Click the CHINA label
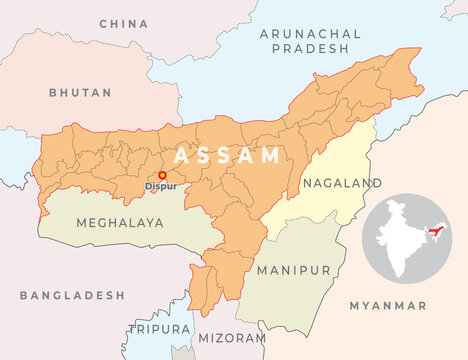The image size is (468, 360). click(123, 21)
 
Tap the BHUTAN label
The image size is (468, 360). click(80, 92)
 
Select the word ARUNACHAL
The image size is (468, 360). click(310, 33)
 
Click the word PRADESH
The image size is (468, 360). click(310, 48)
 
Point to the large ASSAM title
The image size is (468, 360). click(227, 155)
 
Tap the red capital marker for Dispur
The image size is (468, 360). click(163, 175)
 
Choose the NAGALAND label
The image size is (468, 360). click(341, 183)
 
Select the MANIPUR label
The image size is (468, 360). click(292, 270)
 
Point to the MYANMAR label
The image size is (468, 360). click(388, 305)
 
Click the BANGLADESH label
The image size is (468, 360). click(72, 296)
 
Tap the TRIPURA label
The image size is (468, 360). click(158, 328)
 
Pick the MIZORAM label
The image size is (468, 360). click(232, 339)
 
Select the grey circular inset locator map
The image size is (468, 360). click(410, 240)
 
